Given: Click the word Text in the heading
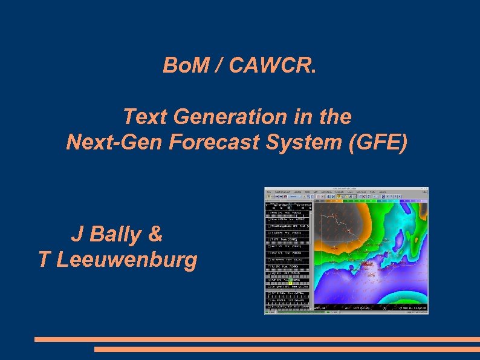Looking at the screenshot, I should point(144,116).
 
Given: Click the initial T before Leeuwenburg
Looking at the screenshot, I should point(44,260).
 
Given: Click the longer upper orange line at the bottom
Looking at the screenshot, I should point(257,339).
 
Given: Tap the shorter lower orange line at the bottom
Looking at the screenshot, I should point(287,349).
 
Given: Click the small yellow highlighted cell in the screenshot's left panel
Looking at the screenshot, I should point(290,281).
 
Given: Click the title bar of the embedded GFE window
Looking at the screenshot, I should point(346,189).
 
